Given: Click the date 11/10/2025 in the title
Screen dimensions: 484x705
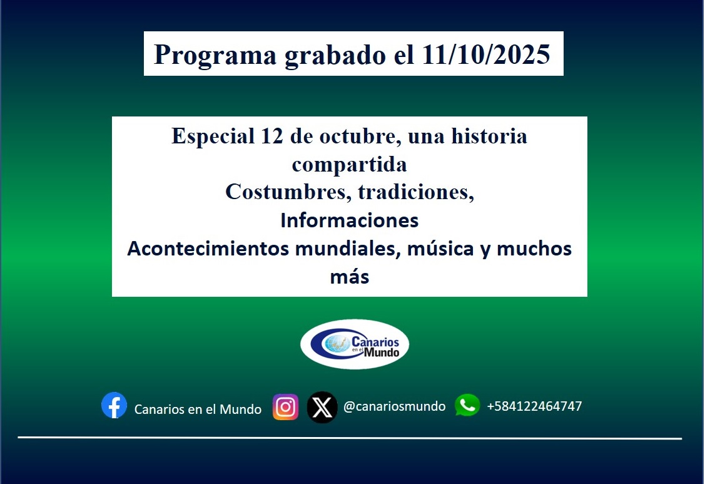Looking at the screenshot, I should (x=486, y=55).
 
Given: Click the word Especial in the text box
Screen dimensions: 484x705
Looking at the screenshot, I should (x=209, y=136).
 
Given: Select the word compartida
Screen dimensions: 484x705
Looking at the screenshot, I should (x=349, y=164).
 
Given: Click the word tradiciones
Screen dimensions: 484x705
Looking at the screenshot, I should (x=415, y=192).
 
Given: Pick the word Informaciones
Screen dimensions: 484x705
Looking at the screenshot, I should (x=349, y=220).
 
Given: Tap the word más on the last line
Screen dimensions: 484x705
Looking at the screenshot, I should (x=349, y=277).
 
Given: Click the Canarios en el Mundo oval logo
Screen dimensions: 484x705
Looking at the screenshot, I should (x=355, y=344).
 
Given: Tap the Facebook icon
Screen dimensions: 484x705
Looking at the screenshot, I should (x=114, y=406).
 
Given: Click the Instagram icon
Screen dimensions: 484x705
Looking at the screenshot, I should (x=286, y=407).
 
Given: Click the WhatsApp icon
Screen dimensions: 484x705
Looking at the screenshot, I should (x=467, y=405).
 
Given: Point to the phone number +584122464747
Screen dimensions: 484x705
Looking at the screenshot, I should (x=534, y=406).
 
